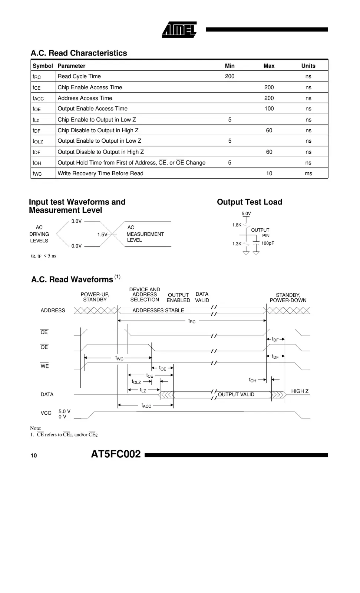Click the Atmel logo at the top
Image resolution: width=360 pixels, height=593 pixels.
(179, 30)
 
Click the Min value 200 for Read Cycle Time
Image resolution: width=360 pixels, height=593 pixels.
(229, 76)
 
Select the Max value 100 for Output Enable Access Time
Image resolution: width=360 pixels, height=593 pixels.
(269, 109)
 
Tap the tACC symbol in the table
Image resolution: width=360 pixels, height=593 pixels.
(38, 98)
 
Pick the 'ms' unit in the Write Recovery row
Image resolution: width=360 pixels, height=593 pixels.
(308, 173)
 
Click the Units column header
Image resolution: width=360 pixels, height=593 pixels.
(308, 66)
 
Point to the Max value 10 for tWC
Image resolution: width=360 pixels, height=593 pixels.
(269, 173)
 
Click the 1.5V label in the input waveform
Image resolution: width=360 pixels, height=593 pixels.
(102, 235)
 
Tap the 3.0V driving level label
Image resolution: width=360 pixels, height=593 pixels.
(76, 221)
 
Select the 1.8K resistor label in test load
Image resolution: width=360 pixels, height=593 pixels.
(237, 225)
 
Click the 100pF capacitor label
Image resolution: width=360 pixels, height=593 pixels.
(268, 244)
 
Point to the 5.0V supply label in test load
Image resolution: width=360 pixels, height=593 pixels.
(246, 214)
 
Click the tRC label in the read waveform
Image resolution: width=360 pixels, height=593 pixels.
(192, 321)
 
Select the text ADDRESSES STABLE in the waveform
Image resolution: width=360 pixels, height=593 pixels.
(158, 311)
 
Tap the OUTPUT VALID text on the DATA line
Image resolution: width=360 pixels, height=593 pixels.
(236, 395)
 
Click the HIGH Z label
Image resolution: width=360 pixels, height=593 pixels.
(300, 391)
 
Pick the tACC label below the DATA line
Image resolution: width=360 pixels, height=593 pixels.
(146, 405)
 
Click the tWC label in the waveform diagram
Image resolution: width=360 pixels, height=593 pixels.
(119, 358)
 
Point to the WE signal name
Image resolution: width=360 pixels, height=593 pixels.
(44, 366)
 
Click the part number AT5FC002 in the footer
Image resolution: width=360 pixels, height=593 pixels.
(116, 454)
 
